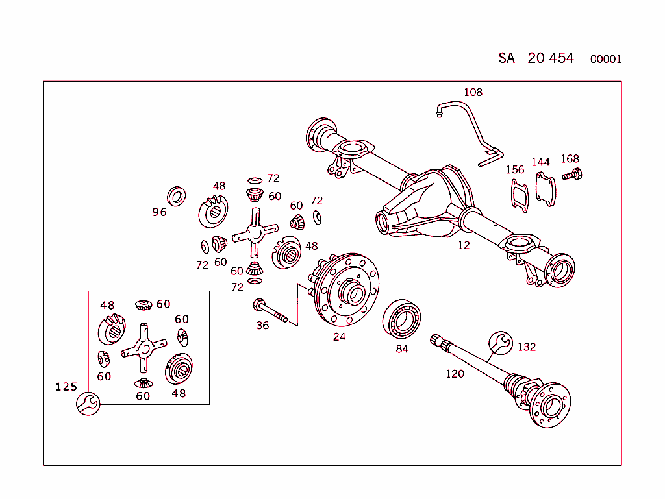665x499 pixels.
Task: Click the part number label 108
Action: tap(473, 92)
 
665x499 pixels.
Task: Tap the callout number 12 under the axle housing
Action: tap(463, 245)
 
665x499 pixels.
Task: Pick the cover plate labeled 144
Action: tap(546, 189)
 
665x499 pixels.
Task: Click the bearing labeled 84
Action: tap(401, 320)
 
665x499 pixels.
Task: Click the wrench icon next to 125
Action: tap(88, 404)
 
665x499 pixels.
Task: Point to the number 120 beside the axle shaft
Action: tap(455, 374)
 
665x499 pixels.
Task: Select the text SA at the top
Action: tap(507, 58)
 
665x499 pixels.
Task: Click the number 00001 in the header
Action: tap(605, 60)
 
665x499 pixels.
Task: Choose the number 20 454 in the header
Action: tap(551, 58)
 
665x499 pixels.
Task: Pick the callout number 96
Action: tap(159, 212)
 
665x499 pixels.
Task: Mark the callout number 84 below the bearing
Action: tap(402, 349)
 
